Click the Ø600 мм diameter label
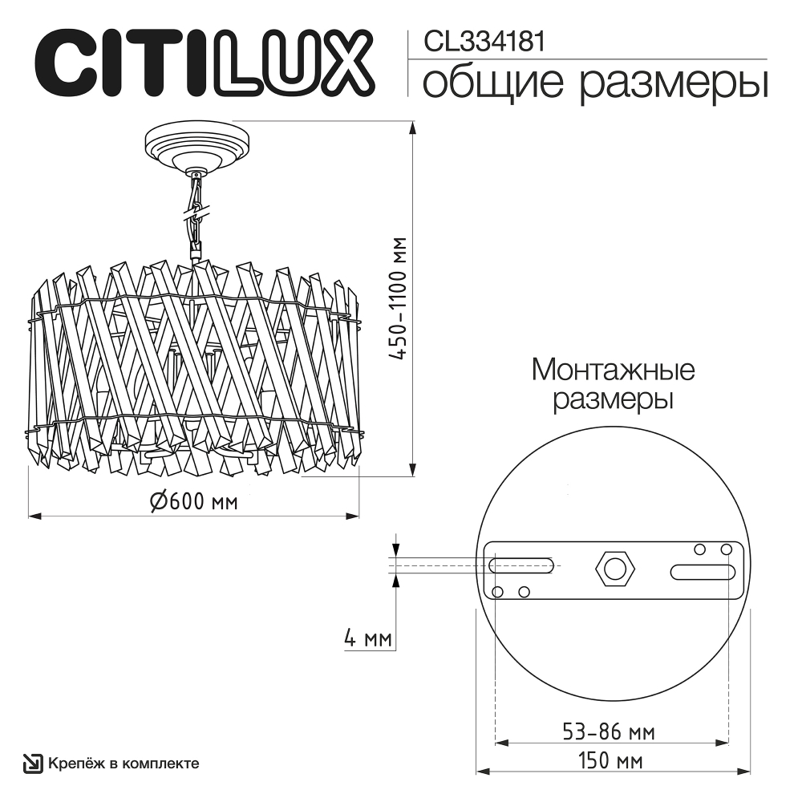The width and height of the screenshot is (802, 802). pos(193,503)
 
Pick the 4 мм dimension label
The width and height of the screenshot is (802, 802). pos(367,638)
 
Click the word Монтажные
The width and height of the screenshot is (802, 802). pos(613,371)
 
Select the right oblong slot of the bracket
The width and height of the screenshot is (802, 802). pos(702,573)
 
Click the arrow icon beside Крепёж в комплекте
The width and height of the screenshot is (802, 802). pos(32,764)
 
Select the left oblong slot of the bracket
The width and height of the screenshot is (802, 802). pos(522,565)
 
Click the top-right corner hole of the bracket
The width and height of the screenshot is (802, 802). pos(727,549)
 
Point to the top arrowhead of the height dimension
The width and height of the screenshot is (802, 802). pos(412,128)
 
